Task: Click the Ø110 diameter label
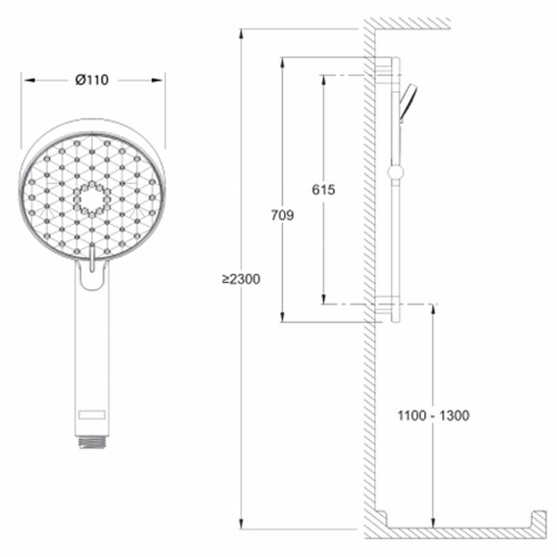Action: [92, 80]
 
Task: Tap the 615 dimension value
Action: [323, 189]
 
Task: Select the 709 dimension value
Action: [283, 215]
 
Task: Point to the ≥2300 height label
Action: [241, 279]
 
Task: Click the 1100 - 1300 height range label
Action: [433, 415]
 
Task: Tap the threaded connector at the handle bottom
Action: [92, 442]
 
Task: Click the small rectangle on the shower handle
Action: [92, 414]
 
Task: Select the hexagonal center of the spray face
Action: [92, 199]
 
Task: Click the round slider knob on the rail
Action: [395, 173]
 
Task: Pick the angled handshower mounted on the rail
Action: [407, 103]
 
